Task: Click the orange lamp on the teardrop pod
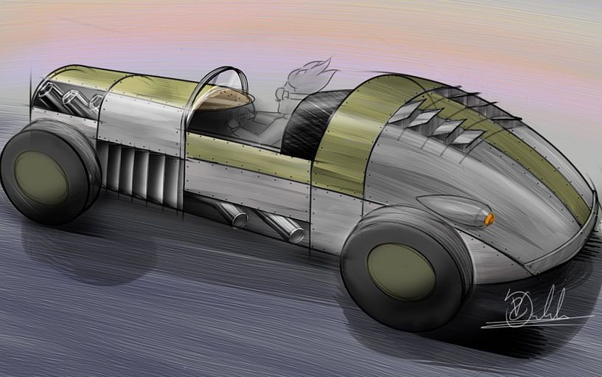[x=488, y=218]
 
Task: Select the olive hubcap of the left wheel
[x=41, y=177]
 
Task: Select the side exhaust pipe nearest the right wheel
[x=284, y=227]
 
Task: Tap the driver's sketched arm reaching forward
[x=254, y=122]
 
